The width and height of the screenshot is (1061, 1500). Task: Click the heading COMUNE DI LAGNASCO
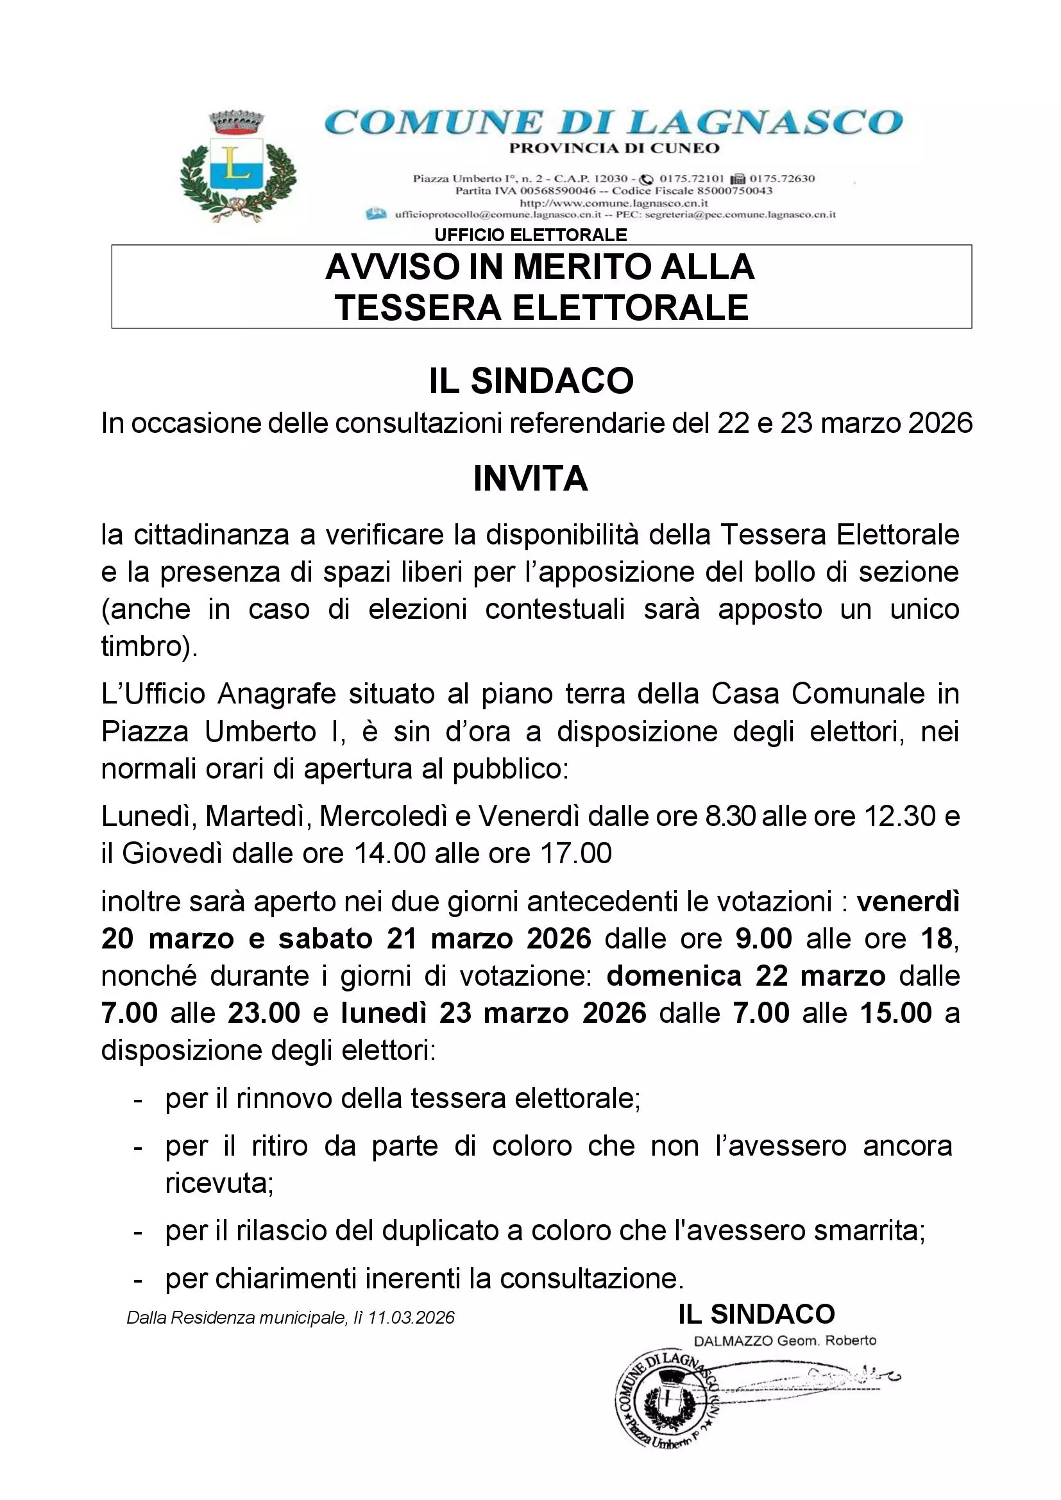[613, 122]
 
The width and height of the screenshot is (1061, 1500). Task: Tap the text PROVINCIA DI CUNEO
[613, 148]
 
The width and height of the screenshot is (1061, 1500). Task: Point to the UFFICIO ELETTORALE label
[530, 235]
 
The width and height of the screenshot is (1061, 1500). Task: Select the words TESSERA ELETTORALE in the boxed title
[541, 308]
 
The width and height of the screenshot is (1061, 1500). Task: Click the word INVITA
[530, 479]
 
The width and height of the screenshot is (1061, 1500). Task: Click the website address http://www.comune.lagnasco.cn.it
[613, 203]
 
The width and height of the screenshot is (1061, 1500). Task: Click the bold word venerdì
[908, 902]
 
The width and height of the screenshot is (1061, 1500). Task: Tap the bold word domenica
[674, 976]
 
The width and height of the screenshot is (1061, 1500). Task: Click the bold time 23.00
[263, 1013]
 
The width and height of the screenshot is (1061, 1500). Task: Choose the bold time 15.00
[895, 1013]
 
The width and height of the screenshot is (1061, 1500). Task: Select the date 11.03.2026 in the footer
[411, 1318]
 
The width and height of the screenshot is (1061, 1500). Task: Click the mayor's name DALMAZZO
[733, 1340]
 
